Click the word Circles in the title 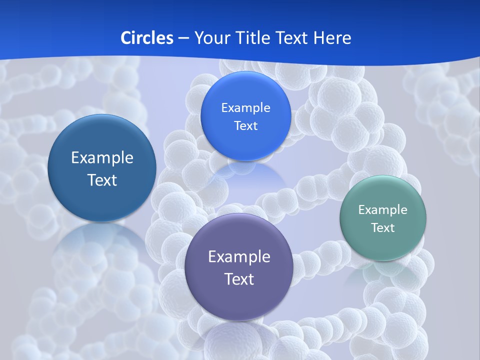[147, 38]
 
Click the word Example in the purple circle [239, 257]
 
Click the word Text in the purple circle [239, 279]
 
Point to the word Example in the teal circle [383, 210]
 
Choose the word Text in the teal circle [383, 228]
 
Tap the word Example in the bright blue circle [245, 108]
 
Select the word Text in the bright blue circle [245, 126]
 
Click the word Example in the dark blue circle [102, 158]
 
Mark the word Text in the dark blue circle [102, 180]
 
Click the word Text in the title [293, 38]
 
